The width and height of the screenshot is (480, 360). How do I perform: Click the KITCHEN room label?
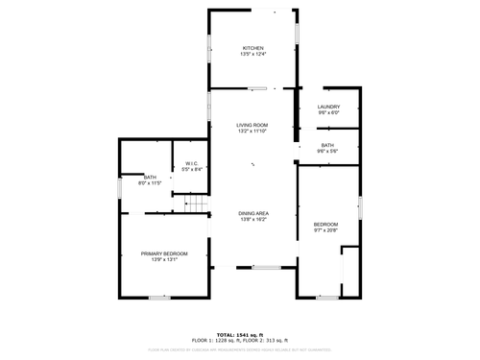coord(252,48)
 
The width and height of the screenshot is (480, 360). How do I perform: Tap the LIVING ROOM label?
coord(252,125)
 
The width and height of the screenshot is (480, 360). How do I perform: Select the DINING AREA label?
coord(252,213)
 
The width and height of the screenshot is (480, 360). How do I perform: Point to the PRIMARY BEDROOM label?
coord(164,253)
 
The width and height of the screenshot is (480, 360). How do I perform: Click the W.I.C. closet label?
coord(192,164)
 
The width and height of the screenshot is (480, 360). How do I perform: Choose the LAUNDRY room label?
coord(329,108)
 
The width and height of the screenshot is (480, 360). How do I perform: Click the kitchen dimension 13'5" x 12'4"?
coord(252,54)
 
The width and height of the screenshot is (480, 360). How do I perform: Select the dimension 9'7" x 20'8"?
coord(326,229)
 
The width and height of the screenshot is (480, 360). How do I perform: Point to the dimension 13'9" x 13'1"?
coord(164,259)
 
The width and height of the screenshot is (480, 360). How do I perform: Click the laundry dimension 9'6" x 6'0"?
coord(329,113)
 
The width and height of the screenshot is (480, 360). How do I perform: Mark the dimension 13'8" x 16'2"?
coord(252,220)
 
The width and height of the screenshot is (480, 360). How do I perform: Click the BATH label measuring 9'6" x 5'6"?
coord(328,145)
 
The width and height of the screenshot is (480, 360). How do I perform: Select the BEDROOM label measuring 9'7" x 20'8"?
coord(326,224)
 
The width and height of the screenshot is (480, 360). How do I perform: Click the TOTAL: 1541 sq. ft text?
coord(240,334)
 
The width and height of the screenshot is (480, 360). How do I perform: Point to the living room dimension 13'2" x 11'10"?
coord(252,132)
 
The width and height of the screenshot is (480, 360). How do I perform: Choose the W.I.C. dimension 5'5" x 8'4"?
coord(192,170)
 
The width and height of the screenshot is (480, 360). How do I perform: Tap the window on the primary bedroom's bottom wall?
coord(160,298)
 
